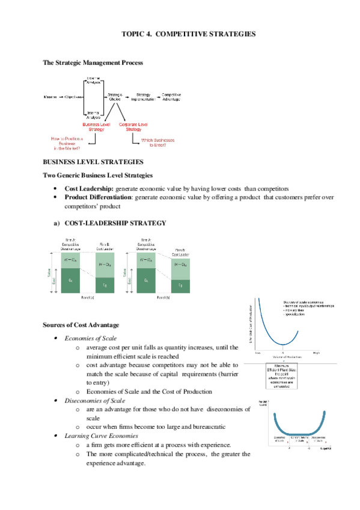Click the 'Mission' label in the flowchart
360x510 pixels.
pos(51,96)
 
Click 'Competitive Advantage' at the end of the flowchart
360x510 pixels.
pos(171,96)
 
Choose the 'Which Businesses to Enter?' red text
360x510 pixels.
pos(157,143)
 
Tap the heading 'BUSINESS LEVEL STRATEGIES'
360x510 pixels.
pos(93,162)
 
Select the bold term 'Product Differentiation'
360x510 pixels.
pos(99,197)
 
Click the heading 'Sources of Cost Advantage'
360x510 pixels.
pos(80,325)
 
